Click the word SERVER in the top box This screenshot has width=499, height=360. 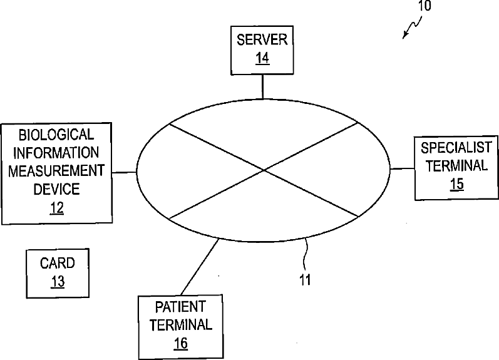(x=262, y=40)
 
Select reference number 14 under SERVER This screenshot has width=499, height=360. (x=262, y=59)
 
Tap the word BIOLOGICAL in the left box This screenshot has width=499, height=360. (x=56, y=134)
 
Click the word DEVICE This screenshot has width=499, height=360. (x=56, y=188)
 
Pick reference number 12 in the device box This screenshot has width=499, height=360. (x=57, y=207)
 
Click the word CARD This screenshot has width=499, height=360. (x=57, y=264)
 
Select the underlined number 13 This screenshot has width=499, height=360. (x=57, y=282)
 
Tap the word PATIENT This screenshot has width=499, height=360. (x=180, y=307)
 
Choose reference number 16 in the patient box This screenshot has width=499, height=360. (x=180, y=342)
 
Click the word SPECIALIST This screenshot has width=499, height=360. (x=456, y=148)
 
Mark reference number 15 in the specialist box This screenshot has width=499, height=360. (x=456, y=184)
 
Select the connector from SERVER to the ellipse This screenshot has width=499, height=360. (x=262, y=86)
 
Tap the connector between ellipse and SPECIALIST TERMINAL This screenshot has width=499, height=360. (x=402, y=168)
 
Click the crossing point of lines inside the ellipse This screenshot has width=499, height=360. (x=264, y=170)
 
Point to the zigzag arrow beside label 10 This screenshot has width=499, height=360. (x=411, y=28)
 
